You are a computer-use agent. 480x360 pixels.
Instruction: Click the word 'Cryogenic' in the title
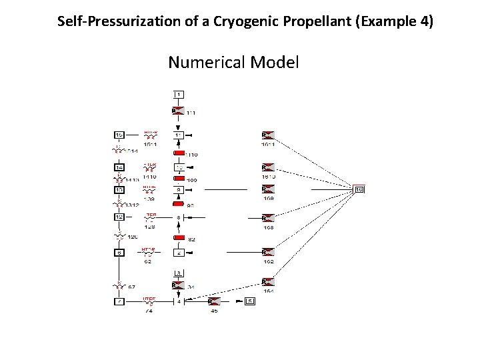click(x=250, y=21)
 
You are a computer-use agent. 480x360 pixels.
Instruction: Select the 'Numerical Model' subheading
click(x=233, y=63)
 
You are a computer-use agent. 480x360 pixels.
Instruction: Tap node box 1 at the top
click(x=179, y=94)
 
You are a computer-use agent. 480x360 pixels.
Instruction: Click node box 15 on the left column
click(x=119, y=135)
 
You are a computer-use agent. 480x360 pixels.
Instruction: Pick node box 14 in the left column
click(x=119, y=167)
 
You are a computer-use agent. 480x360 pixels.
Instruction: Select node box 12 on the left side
click(x=119, y=217)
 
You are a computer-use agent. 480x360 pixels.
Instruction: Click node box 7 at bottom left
click(x=119, y=302)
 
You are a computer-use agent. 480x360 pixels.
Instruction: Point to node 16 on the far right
click(x=359, y=190)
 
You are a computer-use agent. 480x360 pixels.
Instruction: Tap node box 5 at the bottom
click(x=250, y=302)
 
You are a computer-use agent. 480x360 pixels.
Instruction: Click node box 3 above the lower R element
click(x=179, y=273)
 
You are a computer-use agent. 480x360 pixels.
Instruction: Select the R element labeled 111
click(x=178, y=111)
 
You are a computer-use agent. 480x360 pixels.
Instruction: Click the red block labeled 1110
click(x=178, y=152)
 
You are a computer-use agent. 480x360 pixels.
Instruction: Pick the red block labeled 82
click(x=178, y=237)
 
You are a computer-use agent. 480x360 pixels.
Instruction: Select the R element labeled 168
click(x=268, y=218)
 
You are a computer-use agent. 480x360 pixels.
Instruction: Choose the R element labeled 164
click(x=268, y=282)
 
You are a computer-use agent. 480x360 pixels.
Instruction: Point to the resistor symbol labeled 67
click(x=119, y=286)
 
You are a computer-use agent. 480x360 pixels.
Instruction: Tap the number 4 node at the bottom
click(x=179, y=302)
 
